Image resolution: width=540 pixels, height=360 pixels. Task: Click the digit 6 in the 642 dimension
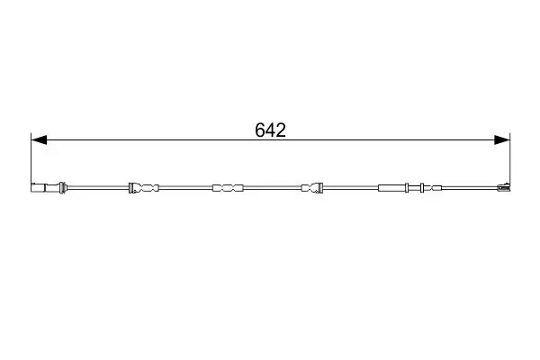pyautogui.click(x=260, y=130)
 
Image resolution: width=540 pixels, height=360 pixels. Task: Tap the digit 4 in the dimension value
pyautogui.click(x=270, y=130)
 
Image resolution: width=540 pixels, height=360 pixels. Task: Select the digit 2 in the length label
pyautogui.click(x=281, y=130)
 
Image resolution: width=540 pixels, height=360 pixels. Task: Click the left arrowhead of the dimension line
pyautogui.click(x=39, y=139)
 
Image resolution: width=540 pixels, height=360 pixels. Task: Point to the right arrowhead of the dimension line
pyautogui.click(x=502, y=139)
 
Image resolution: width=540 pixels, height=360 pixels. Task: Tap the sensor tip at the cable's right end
pyautogui.click(x=504, y=187)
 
